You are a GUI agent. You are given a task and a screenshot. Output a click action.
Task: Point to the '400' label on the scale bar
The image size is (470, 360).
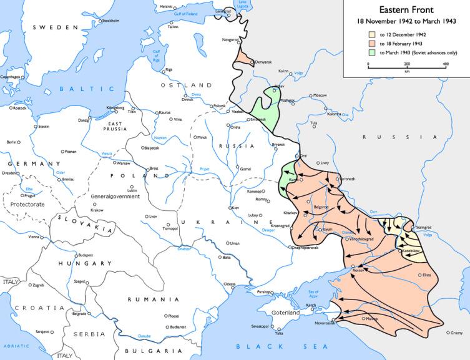(x=446, y=64)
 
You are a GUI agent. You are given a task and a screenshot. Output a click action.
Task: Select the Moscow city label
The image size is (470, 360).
(x=320, y=95)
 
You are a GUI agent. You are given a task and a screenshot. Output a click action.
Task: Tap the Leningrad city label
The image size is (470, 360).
(x=223, y=11)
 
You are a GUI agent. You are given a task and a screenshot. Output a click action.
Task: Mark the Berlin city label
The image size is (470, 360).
(x=11, y=142)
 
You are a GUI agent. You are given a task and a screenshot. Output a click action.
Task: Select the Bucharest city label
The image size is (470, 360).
(x=178, y=327)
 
